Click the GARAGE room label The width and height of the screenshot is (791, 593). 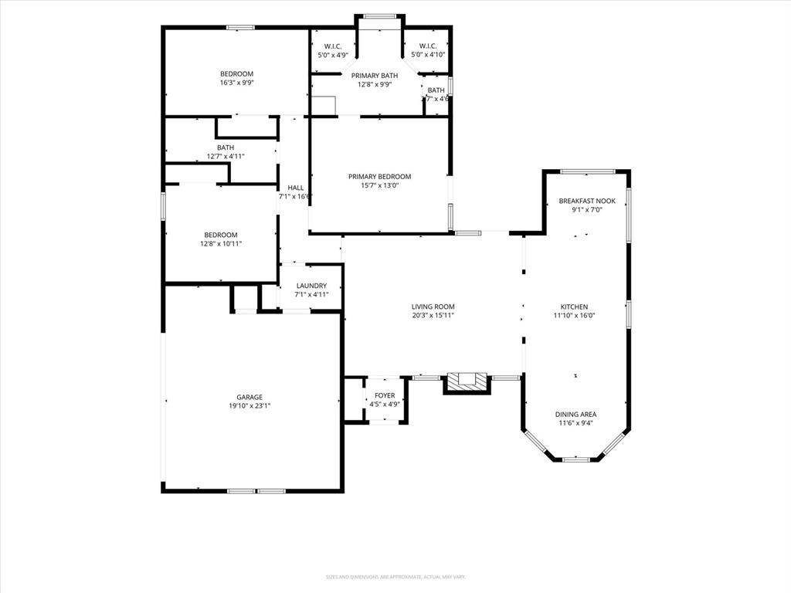tap(250, 396)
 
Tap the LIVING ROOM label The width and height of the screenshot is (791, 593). tap(433, 307)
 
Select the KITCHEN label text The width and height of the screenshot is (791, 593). tap(574, 307)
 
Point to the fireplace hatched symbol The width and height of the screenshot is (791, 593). tap(467, 381)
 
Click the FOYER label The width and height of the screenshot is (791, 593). tap(384, 395)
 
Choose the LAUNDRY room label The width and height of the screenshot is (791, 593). tap(311, 286)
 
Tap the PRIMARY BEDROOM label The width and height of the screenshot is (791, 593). tap(379, 177)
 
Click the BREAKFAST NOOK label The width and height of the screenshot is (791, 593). tap(587, 201)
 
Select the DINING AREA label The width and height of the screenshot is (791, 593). tap(577, 415)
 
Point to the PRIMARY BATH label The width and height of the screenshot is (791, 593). tap(375, 76)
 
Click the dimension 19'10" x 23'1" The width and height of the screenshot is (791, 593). tap(250, 405)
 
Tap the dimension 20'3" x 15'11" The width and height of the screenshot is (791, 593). tap(433, 315)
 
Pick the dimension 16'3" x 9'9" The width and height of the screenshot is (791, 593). tap(236, 83)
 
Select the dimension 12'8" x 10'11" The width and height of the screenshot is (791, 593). tap(221, 244)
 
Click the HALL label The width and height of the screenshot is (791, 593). tap(295, 188)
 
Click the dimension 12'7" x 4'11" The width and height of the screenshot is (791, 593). tap(226, 156)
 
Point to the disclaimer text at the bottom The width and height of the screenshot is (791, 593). tap(395, 577)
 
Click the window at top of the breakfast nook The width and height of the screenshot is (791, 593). tap(587, 171)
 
